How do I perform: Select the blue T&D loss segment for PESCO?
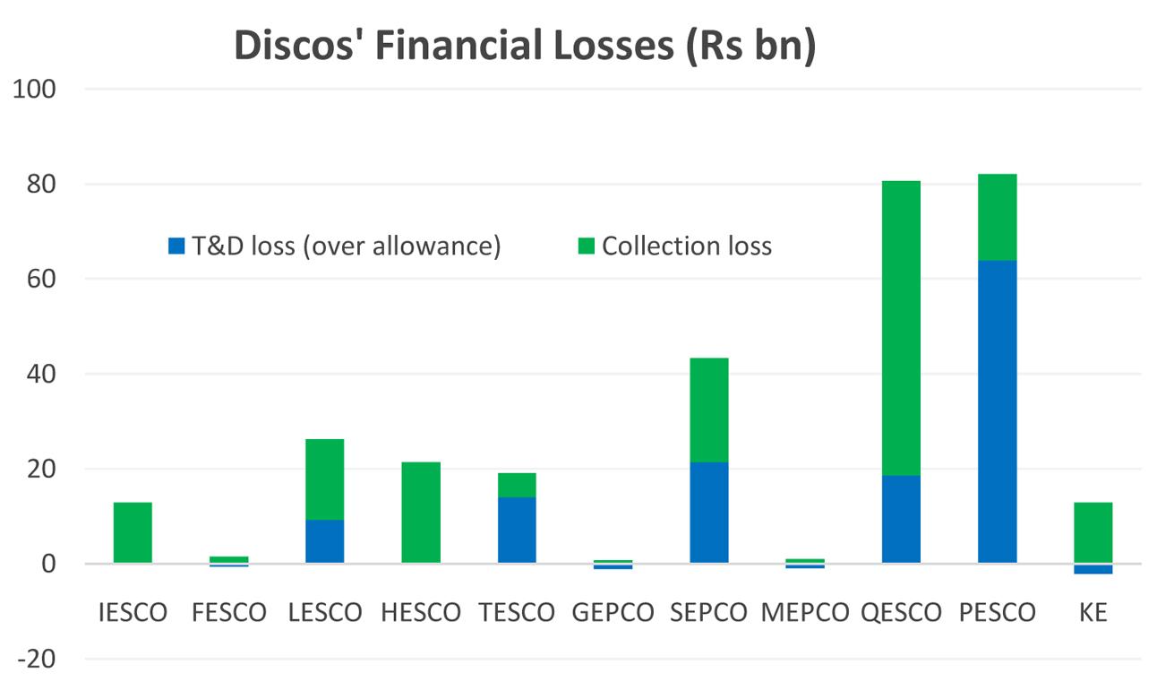coord(997,411)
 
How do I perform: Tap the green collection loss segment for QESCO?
coord(901,328)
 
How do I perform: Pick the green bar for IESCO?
coord(133,532)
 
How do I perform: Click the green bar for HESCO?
coord(421,513)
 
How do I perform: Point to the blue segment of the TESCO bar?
coord(517,530)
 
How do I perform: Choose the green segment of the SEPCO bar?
coord(709,410)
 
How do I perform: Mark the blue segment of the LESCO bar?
coord(324,541)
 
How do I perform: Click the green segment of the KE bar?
coord(1093,532)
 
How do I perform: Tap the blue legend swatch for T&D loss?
coord(176,246)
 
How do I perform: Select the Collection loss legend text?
coord(686,246)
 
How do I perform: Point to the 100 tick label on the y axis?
coord(33,90)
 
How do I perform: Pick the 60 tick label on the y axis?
coord(39,280)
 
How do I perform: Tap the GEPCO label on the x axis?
coord(613,613)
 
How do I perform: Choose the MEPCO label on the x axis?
coord(805,613)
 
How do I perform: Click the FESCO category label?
coord(229,613)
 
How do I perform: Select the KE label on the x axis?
coord(1093,613)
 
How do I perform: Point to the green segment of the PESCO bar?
coord(997,217)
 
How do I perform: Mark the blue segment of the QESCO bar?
coord(901,519)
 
